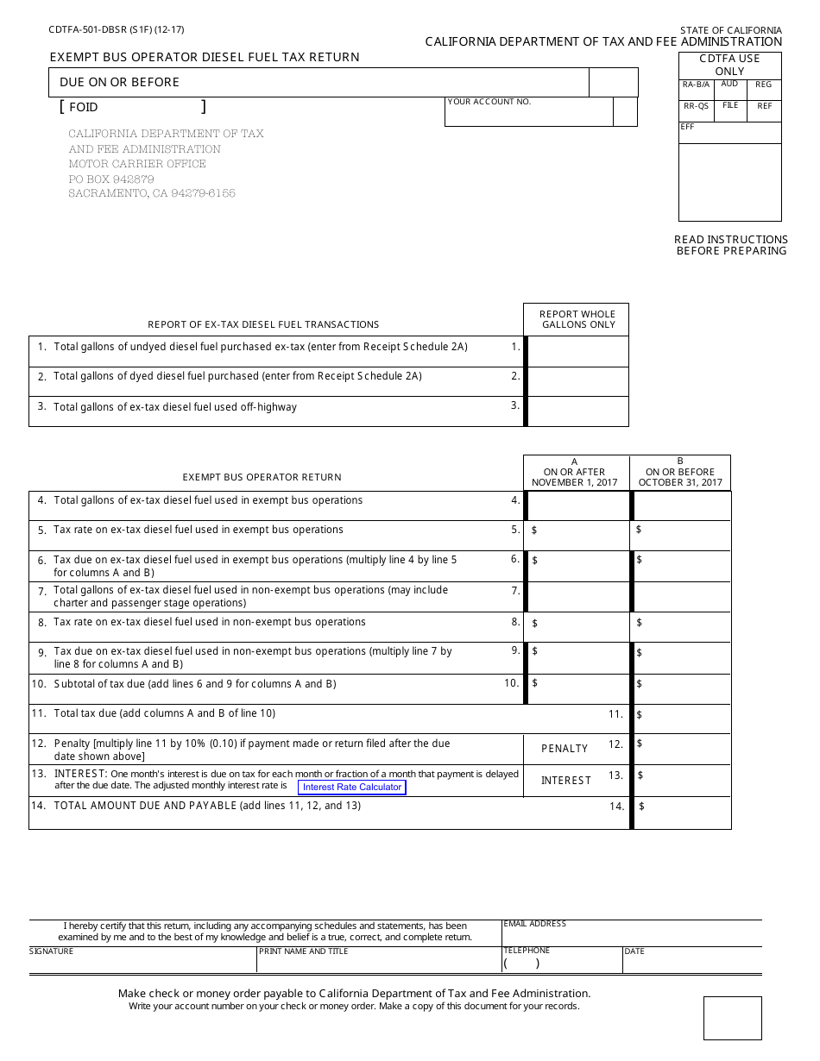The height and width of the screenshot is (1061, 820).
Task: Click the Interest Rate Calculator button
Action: [351, 787]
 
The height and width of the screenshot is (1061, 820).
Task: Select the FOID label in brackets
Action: [84, 107]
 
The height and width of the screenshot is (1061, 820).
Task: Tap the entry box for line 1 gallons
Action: [577, 351]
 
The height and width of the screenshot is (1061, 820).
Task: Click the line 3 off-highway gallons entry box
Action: [577, 411]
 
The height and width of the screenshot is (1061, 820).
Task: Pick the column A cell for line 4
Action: [577, 505]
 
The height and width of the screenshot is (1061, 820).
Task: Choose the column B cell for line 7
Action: [682, 596]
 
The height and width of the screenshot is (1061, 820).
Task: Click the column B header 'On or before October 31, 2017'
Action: [680, 473]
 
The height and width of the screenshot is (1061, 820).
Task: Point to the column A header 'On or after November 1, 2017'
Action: [575, 473]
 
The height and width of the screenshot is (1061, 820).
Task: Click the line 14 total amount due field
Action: [682, 812]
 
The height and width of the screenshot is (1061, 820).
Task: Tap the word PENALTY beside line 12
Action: [565, 749]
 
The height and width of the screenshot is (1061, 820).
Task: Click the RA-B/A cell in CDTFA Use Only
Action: [696, 90]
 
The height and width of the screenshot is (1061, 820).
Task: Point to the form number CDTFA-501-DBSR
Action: [117, 29]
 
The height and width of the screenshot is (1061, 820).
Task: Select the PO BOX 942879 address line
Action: [111, 179]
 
